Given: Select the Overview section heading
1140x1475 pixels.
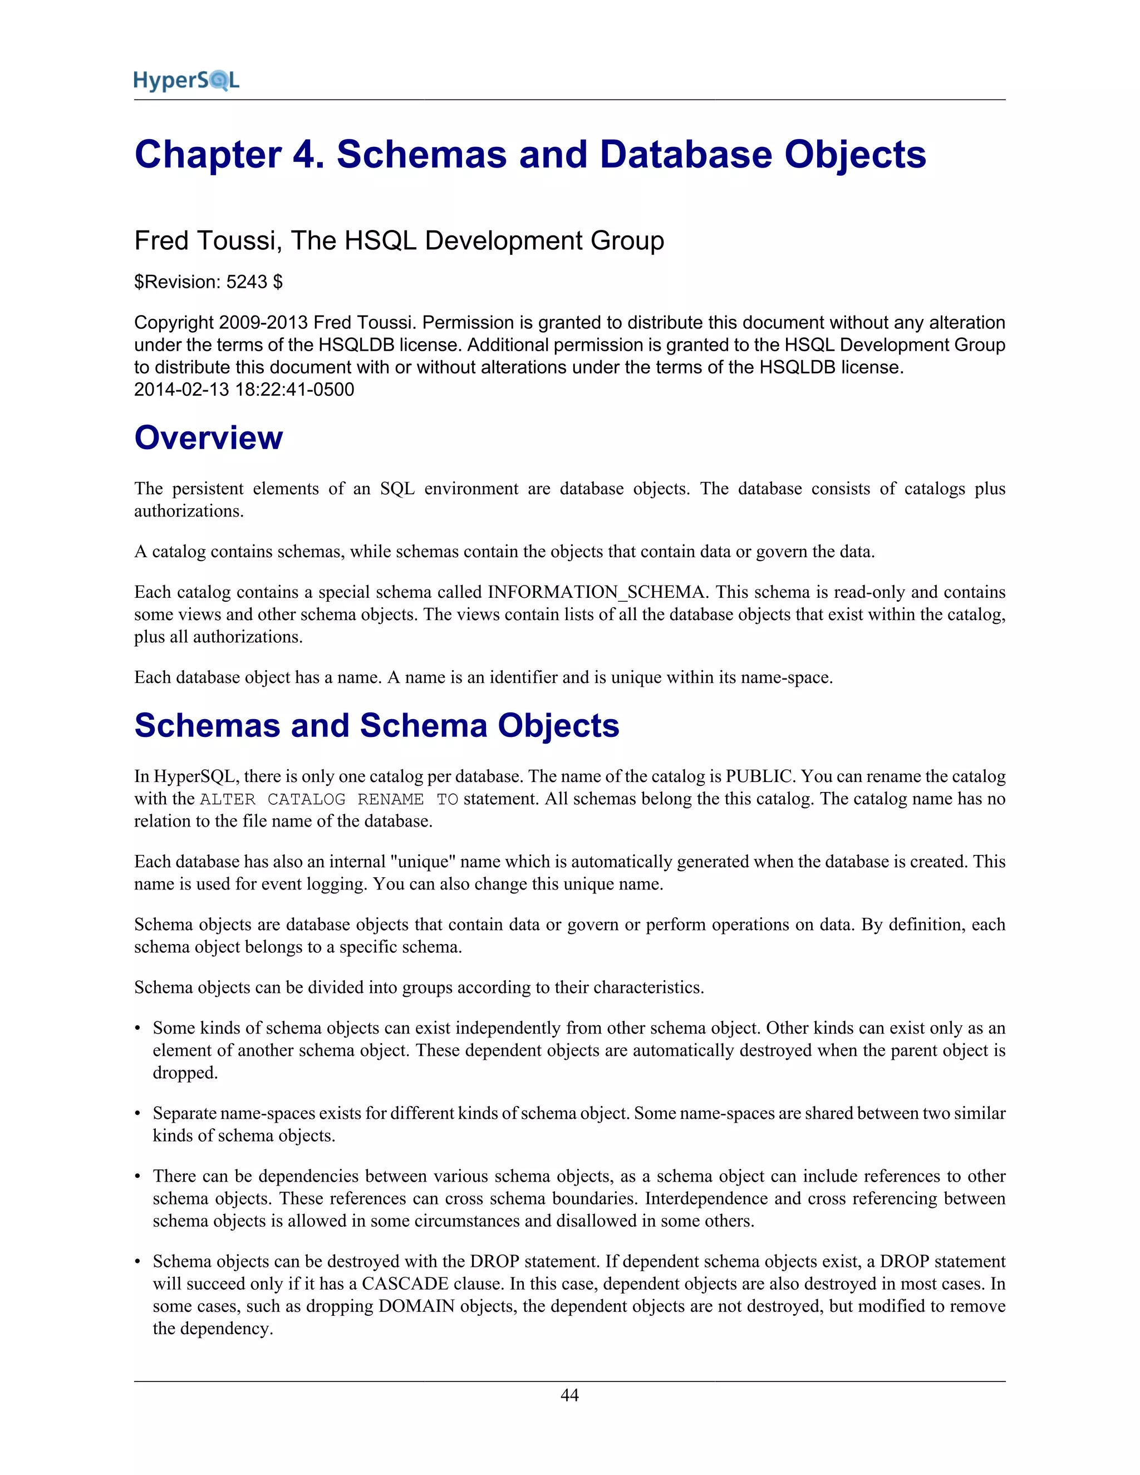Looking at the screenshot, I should pyautogui.click(x=208, y=437).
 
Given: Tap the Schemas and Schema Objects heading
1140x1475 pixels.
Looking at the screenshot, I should pyautogui.click(x=376, y=725).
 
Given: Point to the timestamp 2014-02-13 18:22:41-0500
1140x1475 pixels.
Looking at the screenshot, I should pyautogui.click(x=244, y=390).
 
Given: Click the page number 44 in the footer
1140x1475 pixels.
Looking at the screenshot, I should pyautogui.click(x=569, y=1395).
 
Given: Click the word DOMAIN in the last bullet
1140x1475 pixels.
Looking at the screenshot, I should pyautogui.click(x=417, y=1306).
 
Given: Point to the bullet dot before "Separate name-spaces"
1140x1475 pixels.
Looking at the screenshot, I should pyautogui.click(x=138, y=1114).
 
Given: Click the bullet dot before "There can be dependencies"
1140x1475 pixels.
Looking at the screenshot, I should pyautogui.click(x=138, y=1177).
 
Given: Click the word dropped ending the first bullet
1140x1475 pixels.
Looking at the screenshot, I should pyautogui.click(x=184, y=1073).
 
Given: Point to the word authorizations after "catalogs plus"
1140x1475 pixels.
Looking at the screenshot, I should pyautogui.click(x=189, y=512).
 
